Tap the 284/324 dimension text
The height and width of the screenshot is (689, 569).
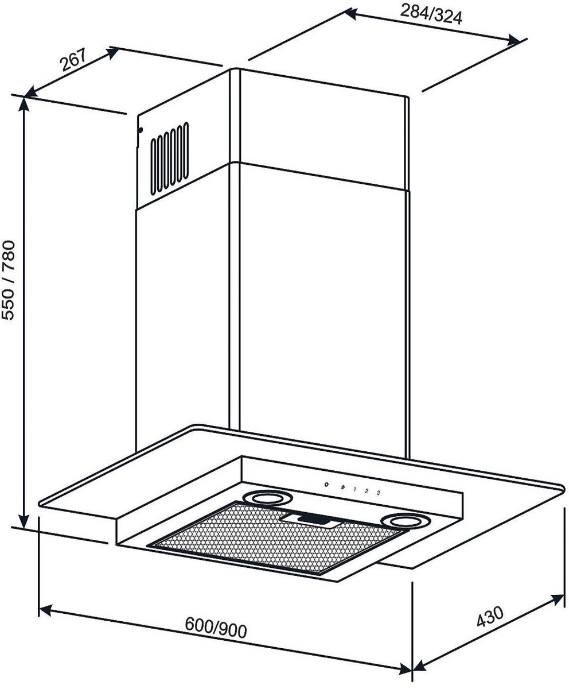coord(431,15)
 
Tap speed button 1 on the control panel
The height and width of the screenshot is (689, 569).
coord(354,489)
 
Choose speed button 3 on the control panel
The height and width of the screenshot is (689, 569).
coord(378,493)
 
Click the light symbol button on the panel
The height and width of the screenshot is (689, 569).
coord(343,487)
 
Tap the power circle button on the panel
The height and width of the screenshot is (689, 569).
coord(326,485)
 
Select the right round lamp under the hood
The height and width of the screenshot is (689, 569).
coord(406,521)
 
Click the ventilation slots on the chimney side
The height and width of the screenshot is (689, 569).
coord(170,158)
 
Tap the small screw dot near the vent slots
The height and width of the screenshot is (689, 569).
coord(141,130)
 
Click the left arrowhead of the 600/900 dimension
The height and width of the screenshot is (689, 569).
coord(45,610)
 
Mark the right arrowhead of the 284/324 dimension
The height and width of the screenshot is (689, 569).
coord(514,40)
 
